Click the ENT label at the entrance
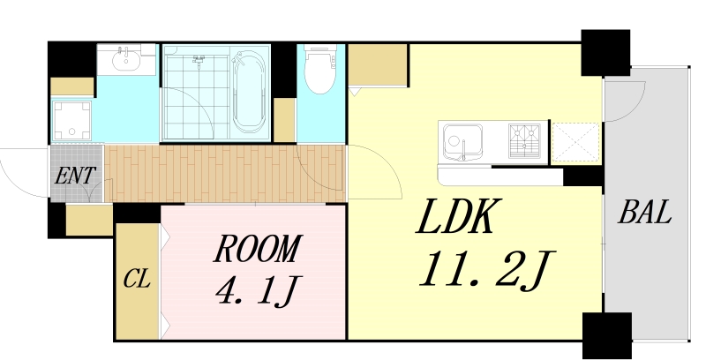[75, 175]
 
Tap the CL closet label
[137, 281]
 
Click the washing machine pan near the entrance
[71, 121]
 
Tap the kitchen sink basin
[461, 140]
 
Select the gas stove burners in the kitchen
[526, 140]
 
